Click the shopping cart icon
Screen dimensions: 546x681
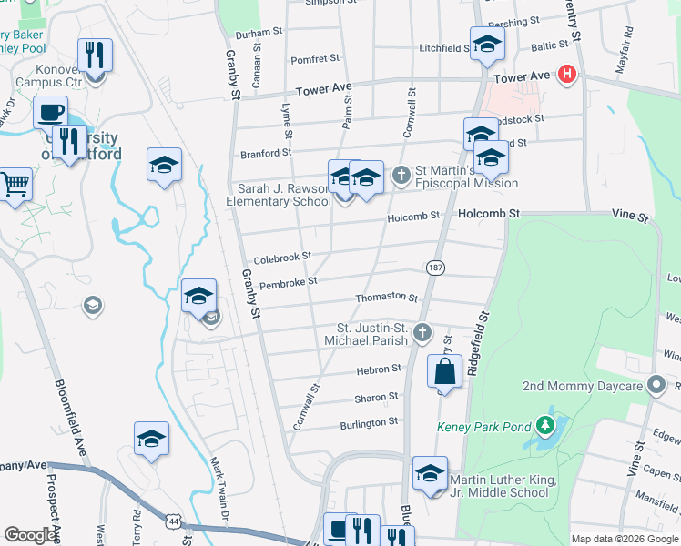coord(15,185)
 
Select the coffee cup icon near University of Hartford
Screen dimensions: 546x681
coord(51,113)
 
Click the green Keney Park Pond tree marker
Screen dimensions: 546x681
coord(544,425)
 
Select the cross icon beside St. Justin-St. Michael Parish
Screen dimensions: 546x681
coord(422,333)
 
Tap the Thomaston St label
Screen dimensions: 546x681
coord(386,298)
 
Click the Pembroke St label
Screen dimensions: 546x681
coord(288,283)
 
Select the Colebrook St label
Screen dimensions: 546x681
coord(282,258)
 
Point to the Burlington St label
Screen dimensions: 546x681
coord(369,422)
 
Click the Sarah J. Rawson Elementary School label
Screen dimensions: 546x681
coord(278,195)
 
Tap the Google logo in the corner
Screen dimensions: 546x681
coord(31,535)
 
